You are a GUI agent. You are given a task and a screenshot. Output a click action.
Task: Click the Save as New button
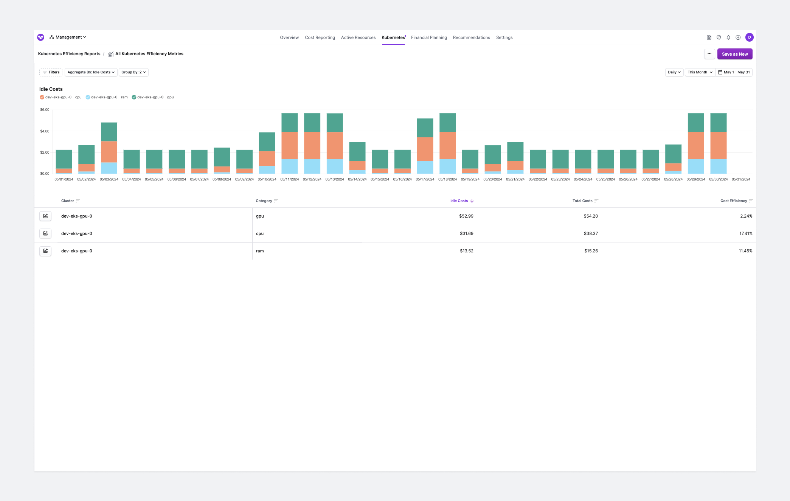734,54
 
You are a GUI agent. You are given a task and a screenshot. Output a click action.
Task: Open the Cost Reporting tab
320,37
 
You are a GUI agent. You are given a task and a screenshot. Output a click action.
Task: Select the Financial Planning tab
429,37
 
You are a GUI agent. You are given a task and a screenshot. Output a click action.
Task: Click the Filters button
51,72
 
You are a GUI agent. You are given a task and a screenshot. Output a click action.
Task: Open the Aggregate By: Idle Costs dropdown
91,72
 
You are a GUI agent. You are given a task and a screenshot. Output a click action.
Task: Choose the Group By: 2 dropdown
133,72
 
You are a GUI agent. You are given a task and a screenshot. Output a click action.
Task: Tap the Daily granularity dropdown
674,72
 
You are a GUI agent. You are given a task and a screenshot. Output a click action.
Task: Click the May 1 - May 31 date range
734,72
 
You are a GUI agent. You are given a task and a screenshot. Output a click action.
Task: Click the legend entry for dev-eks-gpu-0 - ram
107,97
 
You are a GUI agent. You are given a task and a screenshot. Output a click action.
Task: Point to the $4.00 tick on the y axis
45,131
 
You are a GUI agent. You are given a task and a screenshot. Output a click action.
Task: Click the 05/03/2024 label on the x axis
109,179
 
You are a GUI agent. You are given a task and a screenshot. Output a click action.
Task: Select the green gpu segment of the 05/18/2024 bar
447,123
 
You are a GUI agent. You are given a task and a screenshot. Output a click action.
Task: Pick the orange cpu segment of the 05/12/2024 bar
312,145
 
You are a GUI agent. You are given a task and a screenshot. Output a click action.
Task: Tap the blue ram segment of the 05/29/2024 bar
695,166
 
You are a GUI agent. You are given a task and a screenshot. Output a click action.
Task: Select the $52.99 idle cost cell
466,216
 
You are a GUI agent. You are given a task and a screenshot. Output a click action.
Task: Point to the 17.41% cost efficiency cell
745,233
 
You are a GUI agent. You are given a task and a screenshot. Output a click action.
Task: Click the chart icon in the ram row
45,251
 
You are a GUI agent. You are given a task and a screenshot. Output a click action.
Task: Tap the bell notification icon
728,37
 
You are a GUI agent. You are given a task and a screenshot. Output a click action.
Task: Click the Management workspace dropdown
68,37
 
